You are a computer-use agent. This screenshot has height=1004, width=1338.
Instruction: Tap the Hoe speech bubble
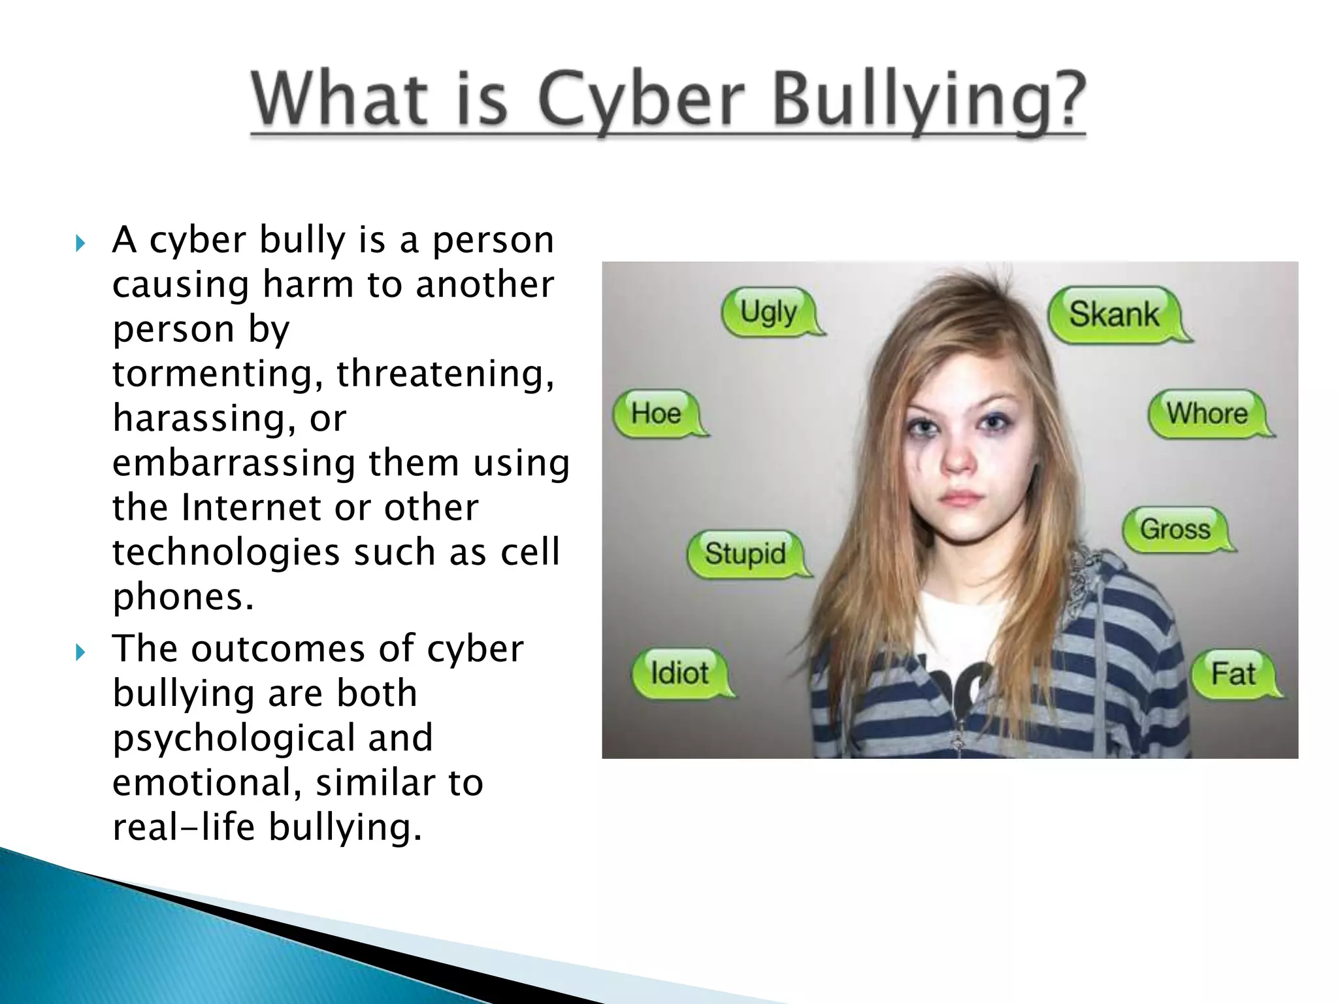pos(656,413)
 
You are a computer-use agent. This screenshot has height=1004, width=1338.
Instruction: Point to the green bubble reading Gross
pos(1175,528)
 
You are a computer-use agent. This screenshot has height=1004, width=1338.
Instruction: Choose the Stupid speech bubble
pos(745,554)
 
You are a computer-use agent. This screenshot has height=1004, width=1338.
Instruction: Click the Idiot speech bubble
pos(679,673)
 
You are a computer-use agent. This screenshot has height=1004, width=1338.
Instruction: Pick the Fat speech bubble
pos(1233,673)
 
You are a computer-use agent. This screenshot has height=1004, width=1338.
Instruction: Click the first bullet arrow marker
pos(80,244)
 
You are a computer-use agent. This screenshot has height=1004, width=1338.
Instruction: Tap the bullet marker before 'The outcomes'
pos(80,652)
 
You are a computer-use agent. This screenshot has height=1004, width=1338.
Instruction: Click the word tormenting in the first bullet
pos(219,374)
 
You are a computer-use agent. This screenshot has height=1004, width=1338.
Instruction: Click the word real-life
pos(184,827)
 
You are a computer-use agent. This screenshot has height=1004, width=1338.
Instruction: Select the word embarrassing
pos(234,463)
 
